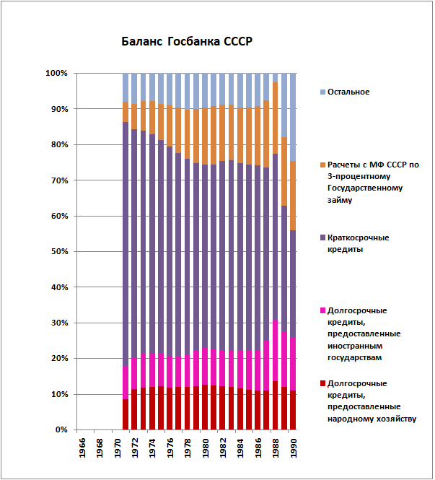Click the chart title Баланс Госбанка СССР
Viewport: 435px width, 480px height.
pos(186,41)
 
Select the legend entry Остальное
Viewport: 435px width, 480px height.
pos(348,92)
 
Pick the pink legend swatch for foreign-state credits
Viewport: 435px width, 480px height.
pos(322,311)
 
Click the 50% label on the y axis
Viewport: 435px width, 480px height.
pos(58,252)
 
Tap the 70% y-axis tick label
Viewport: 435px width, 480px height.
pos(58,180)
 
